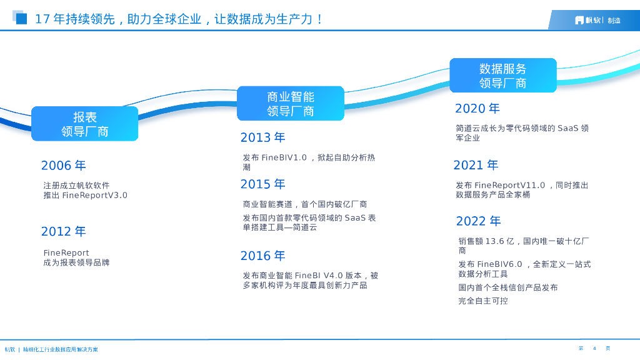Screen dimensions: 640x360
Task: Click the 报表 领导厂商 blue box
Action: pyautogui.click(x=85, y=124)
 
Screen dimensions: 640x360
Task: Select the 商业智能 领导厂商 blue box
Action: pyautogui.click(x=291, y=103)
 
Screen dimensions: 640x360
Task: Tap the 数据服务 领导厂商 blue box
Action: pyautogui.click(x=503, y=76)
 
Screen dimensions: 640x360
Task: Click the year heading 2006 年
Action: pyautogui.click(x=64, y=165)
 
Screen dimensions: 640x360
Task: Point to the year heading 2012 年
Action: pyautogui.click(x=64, y=231)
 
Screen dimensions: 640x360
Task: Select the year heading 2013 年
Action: pyautogui.click(x=263, y=137)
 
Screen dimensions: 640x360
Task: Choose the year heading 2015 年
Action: pyautogui.click(x=263, y=184)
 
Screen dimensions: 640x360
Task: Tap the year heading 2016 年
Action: pyautogui.click(x=263, y=256)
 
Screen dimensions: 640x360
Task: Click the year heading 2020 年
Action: pyautogui.click(x=477, y=108)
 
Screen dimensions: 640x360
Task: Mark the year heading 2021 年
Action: pyautogui.click(x=476, y=165)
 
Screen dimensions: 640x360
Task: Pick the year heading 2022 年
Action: pyautogui.click(x=478, y=221)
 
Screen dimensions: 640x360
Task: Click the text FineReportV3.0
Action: pyautogui.click(x=95, y=195)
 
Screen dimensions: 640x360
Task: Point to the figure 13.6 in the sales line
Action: pyautogui.click(x=495, y=241)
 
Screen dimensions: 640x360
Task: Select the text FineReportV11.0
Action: pyautogui.click(x=510, y=185)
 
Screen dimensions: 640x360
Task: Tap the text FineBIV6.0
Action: pyautogui.click(x=499, y=264)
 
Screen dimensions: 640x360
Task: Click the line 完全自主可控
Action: pyautogui.click(x=483, y=301)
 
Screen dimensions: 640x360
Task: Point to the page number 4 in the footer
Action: pyautogui.click(x=595, y=349)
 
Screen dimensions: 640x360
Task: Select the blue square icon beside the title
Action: pyautogui.click(x=20, y=17)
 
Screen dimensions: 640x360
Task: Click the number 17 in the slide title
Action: pyautogui.click(x=42, y=19)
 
